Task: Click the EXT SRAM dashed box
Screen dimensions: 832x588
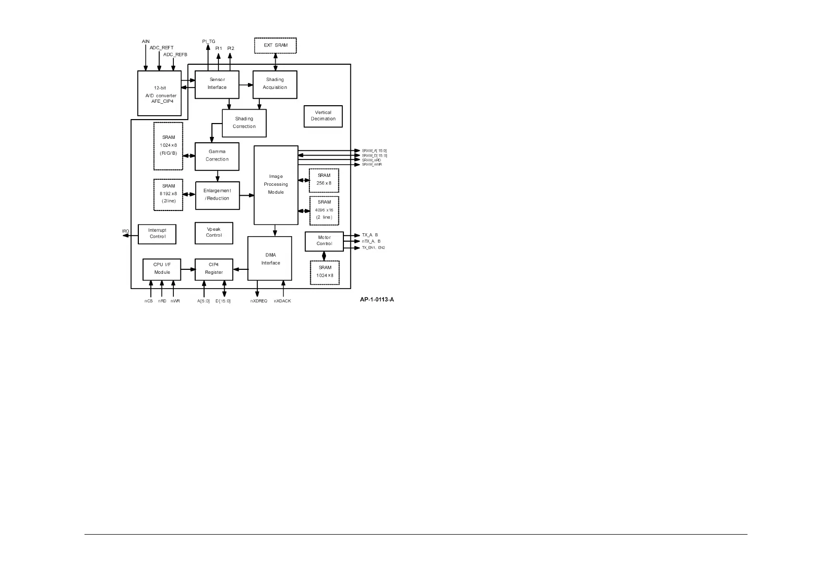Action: [275, 45]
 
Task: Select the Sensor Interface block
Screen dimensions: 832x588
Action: [217, 84]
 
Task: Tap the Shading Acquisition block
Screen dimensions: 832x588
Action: [275, 84]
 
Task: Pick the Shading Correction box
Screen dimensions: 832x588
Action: [244, 123]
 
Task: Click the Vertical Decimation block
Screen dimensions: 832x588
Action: [323, 116]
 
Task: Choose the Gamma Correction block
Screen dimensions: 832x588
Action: [217, 156]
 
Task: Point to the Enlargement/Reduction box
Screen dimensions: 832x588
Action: [217, 195]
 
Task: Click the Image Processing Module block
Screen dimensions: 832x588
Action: [276, 185]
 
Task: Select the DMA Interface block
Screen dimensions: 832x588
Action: [270, 258]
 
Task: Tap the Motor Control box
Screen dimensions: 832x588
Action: [324, 241]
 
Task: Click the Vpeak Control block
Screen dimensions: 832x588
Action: [214, 233]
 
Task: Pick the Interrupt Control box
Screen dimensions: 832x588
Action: [157, 234]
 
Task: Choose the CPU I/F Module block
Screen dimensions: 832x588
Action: [162, 269]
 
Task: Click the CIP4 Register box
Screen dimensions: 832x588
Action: [214, 269]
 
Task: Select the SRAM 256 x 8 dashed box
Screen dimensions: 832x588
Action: [324, 180]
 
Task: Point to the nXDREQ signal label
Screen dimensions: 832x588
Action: [258, 301]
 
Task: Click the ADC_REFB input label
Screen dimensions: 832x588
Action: [175, 54]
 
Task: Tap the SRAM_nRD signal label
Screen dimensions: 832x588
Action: [372, 160]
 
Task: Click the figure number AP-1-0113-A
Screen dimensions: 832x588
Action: [376, 300]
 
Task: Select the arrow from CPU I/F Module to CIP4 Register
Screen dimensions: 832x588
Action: [188, 269]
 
